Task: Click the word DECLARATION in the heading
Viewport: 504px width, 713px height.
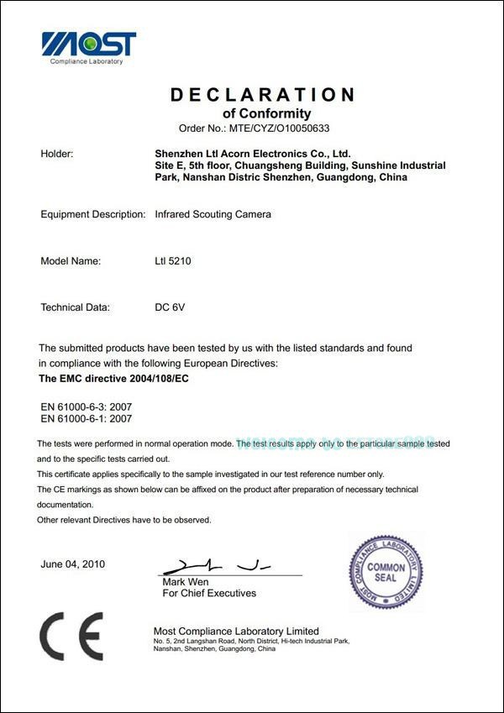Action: [x=262, y=95]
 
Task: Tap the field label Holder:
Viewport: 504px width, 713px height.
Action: [x=57, y=154]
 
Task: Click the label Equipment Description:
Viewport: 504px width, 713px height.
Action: [x=93, y=214]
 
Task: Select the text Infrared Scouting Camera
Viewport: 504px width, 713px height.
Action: [x=213, y=214]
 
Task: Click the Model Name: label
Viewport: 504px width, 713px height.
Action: [x=71, y=261]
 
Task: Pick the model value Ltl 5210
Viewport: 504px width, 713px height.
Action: [x=174, y=261]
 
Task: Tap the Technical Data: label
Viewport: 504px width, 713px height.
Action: [x=75, y=307]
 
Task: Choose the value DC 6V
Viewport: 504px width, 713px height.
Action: [x=170, y=307]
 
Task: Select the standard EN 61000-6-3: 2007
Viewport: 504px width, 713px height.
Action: [x=87, y=406]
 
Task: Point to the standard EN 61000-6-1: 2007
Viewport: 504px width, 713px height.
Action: [x=87, y=417]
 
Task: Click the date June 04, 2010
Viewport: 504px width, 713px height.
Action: [x=73, y=564]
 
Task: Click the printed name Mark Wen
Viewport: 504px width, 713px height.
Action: [x=186, y=582]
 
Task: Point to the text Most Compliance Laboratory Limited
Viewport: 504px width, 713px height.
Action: [x=236, y=631]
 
